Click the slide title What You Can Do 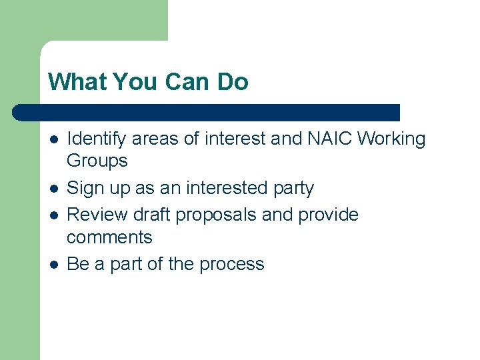(x=148, y=82)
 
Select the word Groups (x=97, y=161)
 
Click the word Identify (x=97, y=139)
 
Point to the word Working (x=392, y=139)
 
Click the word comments (x=109, y=237)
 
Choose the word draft (x=153, y=215)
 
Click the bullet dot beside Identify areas (x=54, y=139)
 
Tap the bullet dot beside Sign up (x=54, y=189)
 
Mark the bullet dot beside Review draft (x=54, y=215)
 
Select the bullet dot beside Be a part (x=54, y=265)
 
